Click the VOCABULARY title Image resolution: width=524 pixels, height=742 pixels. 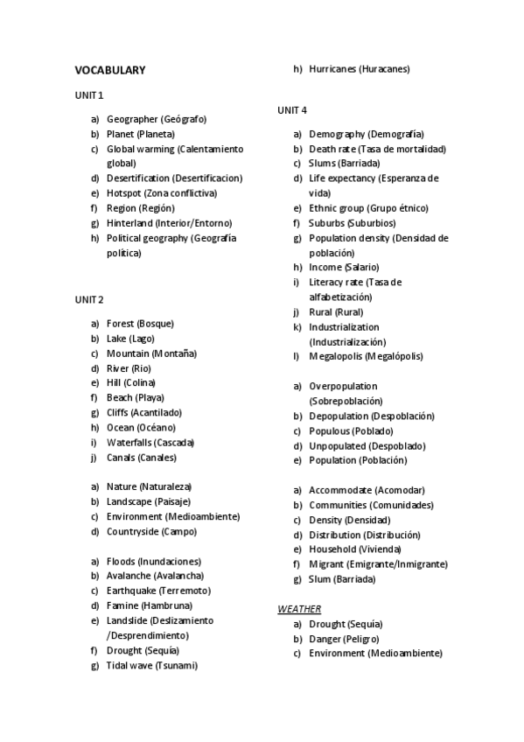[x=109, y=70]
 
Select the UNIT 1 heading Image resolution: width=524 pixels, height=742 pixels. [x=89, y=94]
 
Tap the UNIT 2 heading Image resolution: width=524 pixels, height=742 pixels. [x=89, y=299]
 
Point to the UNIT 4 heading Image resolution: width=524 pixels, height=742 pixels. [x=292, y=110]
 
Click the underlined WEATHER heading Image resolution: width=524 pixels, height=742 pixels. [x=299, y=608]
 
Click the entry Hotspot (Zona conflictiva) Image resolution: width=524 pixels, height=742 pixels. [x=162, y=193]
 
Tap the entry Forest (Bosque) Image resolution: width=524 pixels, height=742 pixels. [x=140, y=324]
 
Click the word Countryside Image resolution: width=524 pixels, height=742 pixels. [x=133, y=532]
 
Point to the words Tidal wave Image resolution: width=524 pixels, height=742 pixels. [x=129, y=666]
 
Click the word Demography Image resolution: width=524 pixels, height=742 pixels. [x=337, y=134]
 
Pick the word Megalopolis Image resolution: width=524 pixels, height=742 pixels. [x=338, y=357]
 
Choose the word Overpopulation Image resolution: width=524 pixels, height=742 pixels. [x=343, y=386]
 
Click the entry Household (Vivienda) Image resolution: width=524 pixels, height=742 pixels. [x=355, y=549]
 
